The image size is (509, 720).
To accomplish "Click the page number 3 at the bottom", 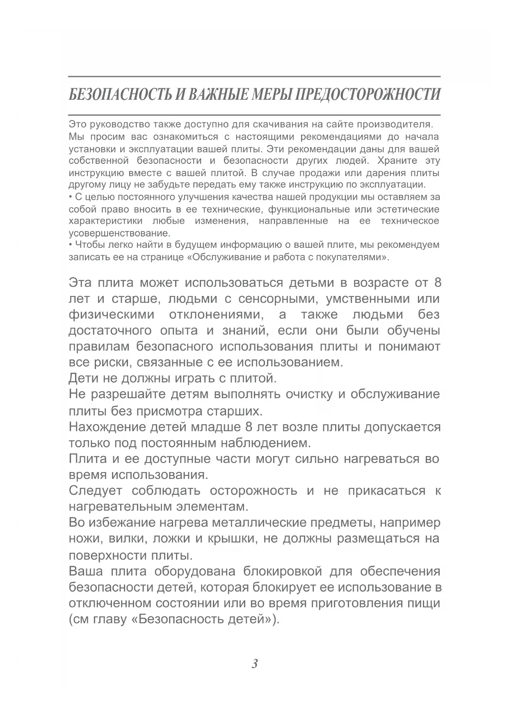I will click(254, 664).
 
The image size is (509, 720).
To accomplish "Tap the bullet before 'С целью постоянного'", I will click(70, 197).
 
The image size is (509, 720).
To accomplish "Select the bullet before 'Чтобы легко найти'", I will click(70, 245).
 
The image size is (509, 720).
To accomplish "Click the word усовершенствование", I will click(119, 234).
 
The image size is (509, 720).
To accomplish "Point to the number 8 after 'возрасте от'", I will click(437, 283).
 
